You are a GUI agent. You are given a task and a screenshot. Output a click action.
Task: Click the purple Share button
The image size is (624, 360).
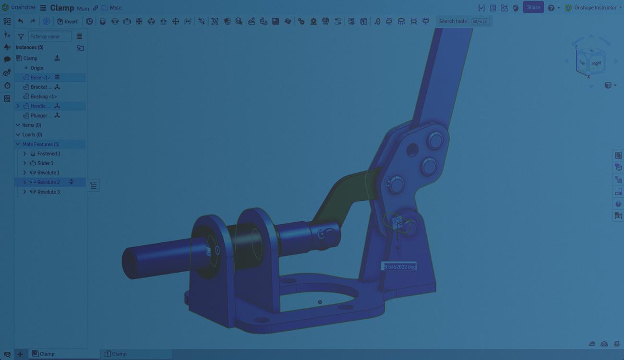click(533, 7)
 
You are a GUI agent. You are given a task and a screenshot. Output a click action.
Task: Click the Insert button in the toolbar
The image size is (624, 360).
click(68, 21)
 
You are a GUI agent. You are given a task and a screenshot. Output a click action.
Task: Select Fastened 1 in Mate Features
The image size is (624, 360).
click(48, 154)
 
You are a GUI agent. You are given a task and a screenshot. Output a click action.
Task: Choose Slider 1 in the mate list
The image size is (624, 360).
click(45, 163)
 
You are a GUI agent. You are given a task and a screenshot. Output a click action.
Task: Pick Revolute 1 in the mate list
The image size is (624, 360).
click(48, 173)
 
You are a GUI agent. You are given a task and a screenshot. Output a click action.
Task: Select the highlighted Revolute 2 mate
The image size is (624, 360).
click(48, 182)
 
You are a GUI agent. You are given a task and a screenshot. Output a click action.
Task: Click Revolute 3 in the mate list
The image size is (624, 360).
click(48, 192)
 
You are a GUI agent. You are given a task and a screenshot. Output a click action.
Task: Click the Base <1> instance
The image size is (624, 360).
click(40, 77)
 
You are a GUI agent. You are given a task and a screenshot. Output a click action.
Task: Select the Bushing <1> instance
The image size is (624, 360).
click(43, 96)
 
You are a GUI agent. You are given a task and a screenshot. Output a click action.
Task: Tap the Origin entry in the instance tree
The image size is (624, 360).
click(36, 68)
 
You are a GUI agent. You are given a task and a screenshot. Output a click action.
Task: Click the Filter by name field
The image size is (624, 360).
click(49, 36)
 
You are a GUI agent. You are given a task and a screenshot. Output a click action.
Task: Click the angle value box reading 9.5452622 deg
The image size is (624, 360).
click(399, 266)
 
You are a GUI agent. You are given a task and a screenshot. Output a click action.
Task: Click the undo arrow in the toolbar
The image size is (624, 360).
click(20, 21)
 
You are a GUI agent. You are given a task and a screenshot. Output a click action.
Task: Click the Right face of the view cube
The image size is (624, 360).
click(597, 63)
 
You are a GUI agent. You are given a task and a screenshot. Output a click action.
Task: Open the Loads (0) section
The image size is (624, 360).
click(32, 134)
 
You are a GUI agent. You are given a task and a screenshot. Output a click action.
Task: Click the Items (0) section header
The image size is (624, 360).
click(32, 125)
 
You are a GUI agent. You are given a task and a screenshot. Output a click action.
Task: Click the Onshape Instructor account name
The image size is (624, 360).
click(595, 8)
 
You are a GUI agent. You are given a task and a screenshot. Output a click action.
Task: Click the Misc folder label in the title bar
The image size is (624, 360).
click(115, 8)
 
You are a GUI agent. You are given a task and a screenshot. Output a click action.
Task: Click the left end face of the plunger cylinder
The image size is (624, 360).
click(129, 263)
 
